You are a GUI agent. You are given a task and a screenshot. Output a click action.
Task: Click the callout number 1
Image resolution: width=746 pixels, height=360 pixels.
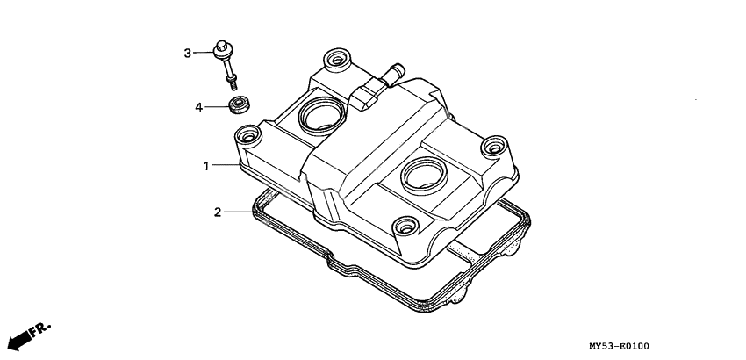pyautogui.click(x=207, y=165)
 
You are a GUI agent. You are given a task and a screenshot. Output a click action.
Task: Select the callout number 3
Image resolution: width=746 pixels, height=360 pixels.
pyautogui.click(x=187, y=54)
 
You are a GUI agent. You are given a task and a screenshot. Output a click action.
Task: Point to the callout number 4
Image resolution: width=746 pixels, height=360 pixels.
pyautogui.click(x=199, y=107)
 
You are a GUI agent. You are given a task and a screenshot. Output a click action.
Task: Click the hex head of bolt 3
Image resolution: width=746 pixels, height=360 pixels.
pyautogui.click(x=223, y=50)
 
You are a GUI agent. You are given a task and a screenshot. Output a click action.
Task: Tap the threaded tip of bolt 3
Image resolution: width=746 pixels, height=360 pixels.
pyautogui.click(x=233, y=84)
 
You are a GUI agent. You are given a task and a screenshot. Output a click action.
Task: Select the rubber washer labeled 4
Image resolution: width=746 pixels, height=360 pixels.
pyautogui.click(x=237, y=105)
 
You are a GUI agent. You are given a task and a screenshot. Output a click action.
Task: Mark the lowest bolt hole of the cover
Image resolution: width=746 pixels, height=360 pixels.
pyautogui.click(x=405, y=227)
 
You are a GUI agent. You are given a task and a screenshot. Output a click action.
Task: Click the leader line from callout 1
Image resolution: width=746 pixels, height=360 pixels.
pyautogui.click(x=224, y=165)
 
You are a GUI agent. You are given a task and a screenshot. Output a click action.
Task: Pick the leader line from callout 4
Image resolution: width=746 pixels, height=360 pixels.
pyautogui.click(x=217, y=107)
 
